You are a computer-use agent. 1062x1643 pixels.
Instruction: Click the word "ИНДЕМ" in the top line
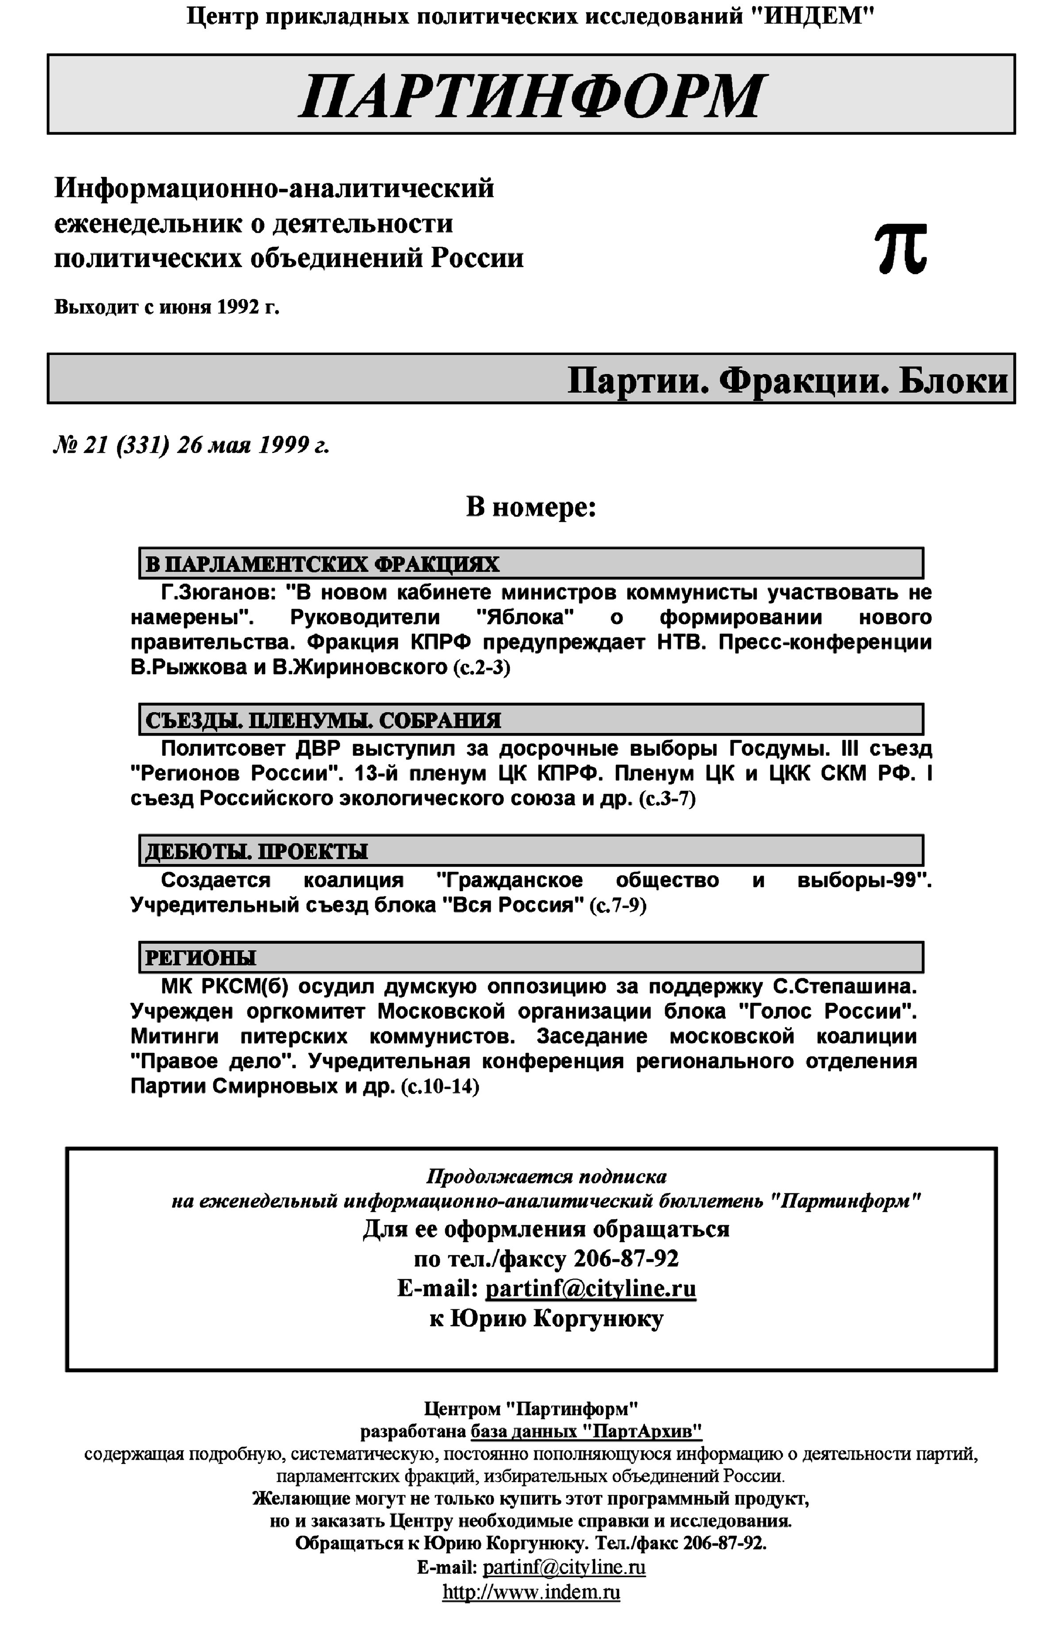[x=812, y=15]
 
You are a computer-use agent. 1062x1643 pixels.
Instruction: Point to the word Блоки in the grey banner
[x=953, y=379]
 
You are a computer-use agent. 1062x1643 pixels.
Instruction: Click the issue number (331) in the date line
[x=143, y=446]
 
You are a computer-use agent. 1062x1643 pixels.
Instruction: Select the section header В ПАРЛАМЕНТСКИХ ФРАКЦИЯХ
[x=322, y=564]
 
